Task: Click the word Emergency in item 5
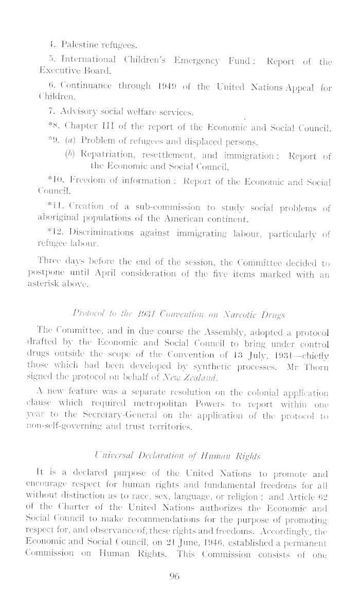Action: pyautogui.click(x=209, y=62)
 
